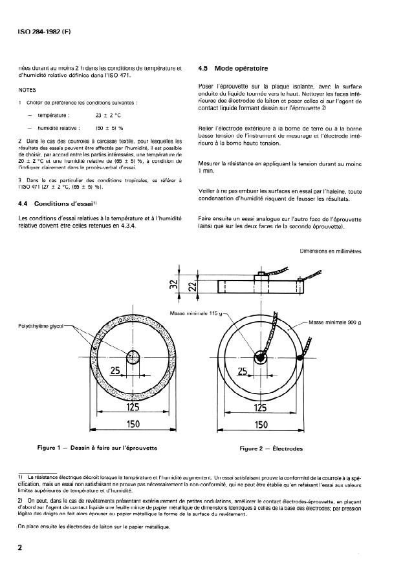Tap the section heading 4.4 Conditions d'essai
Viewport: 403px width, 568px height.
(53, 204)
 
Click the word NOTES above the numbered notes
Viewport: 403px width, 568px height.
(28, 91)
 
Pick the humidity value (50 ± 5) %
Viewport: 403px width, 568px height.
(109, 128)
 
